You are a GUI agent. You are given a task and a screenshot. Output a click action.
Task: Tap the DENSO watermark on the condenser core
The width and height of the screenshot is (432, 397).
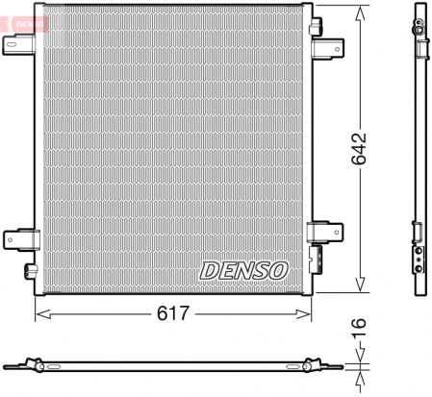click(243, 270)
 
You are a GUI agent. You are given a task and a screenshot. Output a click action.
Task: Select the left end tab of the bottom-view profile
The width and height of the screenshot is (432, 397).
click(10, 366)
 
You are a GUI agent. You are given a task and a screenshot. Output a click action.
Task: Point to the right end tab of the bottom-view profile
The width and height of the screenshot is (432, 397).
click(336, 366)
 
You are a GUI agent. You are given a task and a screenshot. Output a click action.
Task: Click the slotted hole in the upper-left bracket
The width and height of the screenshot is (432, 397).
click(13, 42)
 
